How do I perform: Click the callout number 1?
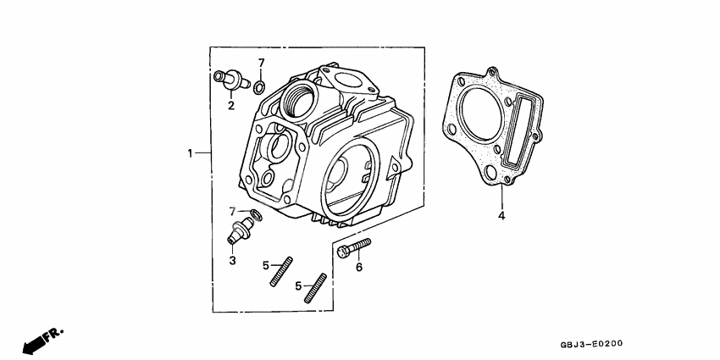tap(191, 153)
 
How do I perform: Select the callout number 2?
tap(230, 106)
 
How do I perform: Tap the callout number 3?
tap(232, 260)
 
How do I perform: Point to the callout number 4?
tap(501, 216)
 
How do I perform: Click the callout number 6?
tap(358, 268)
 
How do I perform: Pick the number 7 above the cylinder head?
tap(262, 63)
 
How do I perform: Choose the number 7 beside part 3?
tap(231, 210)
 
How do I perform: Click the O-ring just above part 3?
tap(256, 215)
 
